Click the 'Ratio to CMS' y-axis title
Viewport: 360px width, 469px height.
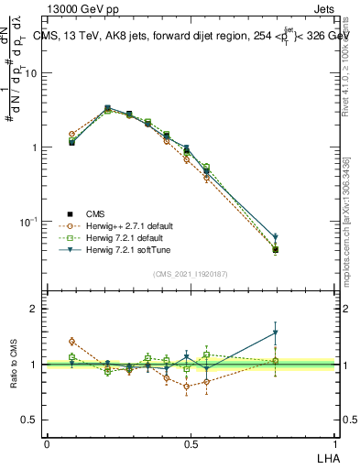14,365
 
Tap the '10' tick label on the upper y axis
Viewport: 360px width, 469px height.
30,73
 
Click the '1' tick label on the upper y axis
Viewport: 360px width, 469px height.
34,147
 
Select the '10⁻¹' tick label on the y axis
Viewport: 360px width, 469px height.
27,222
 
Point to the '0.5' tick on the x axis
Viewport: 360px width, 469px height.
191,443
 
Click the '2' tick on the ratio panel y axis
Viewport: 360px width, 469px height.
34,310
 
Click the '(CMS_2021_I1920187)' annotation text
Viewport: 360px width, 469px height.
191,273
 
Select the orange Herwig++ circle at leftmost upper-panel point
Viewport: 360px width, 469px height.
71,134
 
